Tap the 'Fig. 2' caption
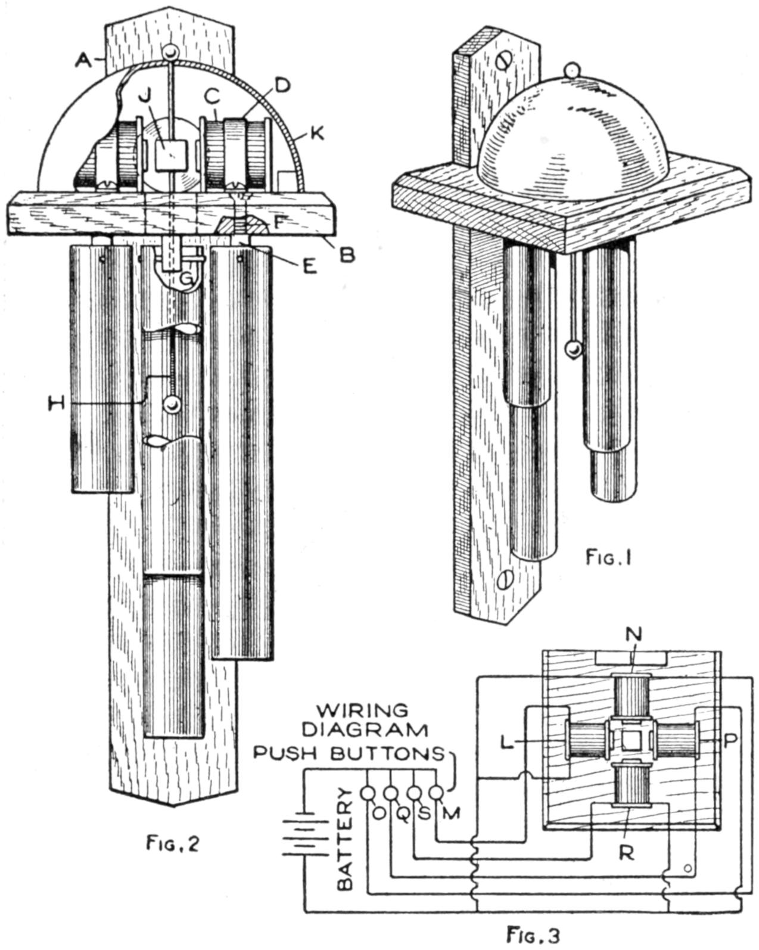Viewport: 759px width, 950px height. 173,845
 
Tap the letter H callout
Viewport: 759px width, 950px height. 57,403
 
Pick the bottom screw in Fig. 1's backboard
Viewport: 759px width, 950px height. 505,578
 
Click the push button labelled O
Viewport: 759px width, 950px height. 368,793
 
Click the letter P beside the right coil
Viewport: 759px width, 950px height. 730,740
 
